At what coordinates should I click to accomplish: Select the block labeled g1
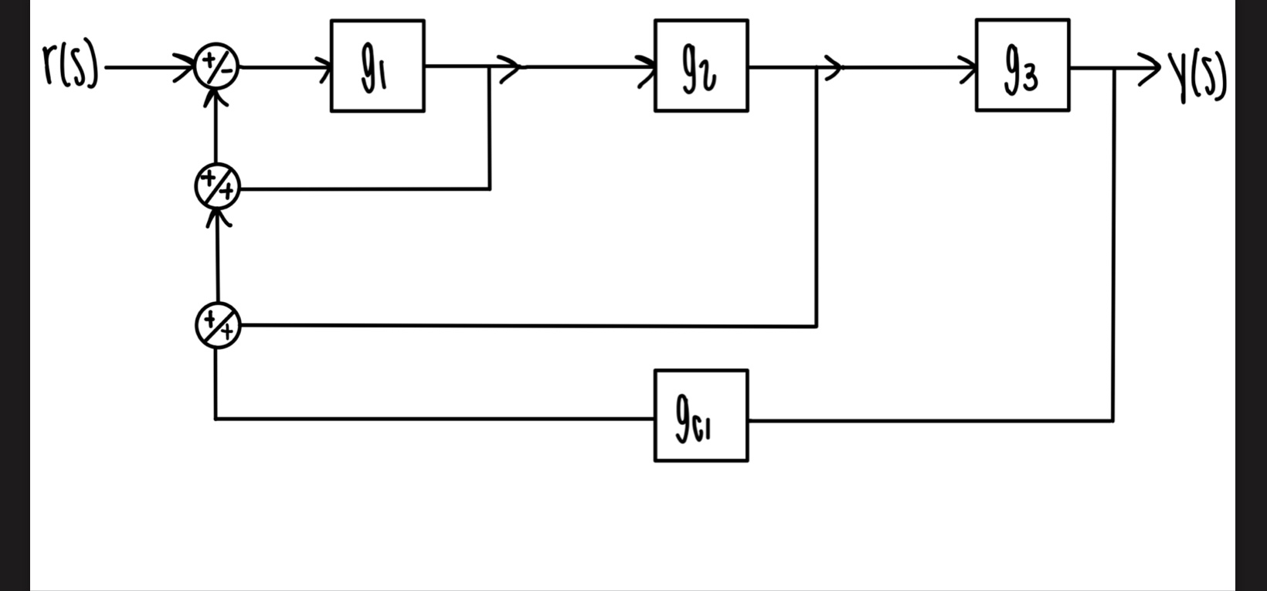tap(377, 66)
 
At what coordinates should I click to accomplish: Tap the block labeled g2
tap(701, 66)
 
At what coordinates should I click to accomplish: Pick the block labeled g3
tap(1022, 66)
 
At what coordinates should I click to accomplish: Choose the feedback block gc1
tap(701, 416)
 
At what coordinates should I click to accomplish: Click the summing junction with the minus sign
tap(217, 67)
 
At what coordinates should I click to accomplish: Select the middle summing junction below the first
tap(217, 187)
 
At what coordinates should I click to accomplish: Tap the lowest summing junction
tap(217, 325)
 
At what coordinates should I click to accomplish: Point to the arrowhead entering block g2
tap(647, 67)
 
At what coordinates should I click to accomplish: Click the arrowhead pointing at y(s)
tap(1151, 68)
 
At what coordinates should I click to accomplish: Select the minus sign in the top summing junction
tap(226, 72)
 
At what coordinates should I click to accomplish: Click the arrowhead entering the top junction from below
tap(218, 97)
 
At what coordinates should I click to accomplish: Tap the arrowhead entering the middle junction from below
tap(219, 218)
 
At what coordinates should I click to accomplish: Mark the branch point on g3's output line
tap(1113, 68)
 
